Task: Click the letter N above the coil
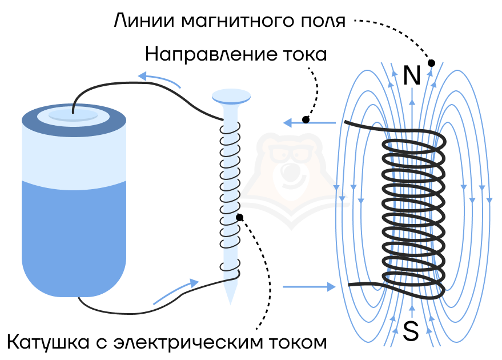coord(412,75)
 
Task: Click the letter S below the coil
coord(411,331)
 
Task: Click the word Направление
coord(211,54)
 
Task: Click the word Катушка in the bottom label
coord(48,342)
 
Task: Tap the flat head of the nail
coord(231,96)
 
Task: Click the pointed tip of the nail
coord(230,303)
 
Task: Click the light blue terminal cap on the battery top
coord(73,115)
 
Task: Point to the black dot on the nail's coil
coord(239,218)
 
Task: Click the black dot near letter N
coord(431,63)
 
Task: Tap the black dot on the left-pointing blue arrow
coord(306,120)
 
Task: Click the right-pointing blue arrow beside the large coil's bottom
coord(309,287)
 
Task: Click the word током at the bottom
coord(298,343)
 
